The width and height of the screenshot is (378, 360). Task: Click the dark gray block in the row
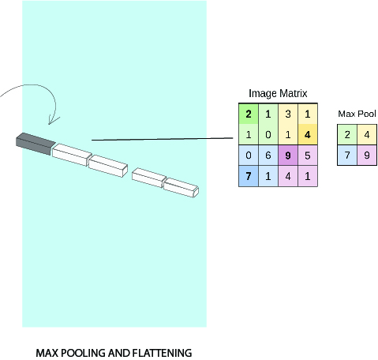click(x=36, y=144)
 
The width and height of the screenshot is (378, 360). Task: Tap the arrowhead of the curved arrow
click(x=53, y=120)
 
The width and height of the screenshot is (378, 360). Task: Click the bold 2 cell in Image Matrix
click(x=249, y=114)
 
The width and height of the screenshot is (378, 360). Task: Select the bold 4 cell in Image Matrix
click(x=308, y=134)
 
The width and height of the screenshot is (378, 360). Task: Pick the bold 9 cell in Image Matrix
click(x=288, y=156)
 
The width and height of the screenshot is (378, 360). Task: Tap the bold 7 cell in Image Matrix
click(x=249, y=176)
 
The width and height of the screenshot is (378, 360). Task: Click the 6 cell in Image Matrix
click(x=268, y=156)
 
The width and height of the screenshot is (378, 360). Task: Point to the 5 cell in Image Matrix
click(x=308, y=156)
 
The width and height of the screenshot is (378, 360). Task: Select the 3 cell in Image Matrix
click(x=288, y=114)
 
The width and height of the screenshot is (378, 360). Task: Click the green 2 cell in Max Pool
click(x=347, y=134)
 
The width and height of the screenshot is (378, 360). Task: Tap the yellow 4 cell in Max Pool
click(x=367, y=134)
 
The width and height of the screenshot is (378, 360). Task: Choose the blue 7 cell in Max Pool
click(x=347, y=155)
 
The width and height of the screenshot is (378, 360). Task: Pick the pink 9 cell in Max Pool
click(x=367, y=155)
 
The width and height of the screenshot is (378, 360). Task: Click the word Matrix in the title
click(x=293, y=93)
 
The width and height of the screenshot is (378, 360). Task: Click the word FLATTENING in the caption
click(x=162, y=353)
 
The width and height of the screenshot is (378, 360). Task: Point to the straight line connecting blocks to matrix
click(x=163, y=139)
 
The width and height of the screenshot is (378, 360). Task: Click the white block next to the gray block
click(x=72, y=155)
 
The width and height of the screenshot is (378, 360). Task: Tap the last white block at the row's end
click(x=181, y=187)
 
